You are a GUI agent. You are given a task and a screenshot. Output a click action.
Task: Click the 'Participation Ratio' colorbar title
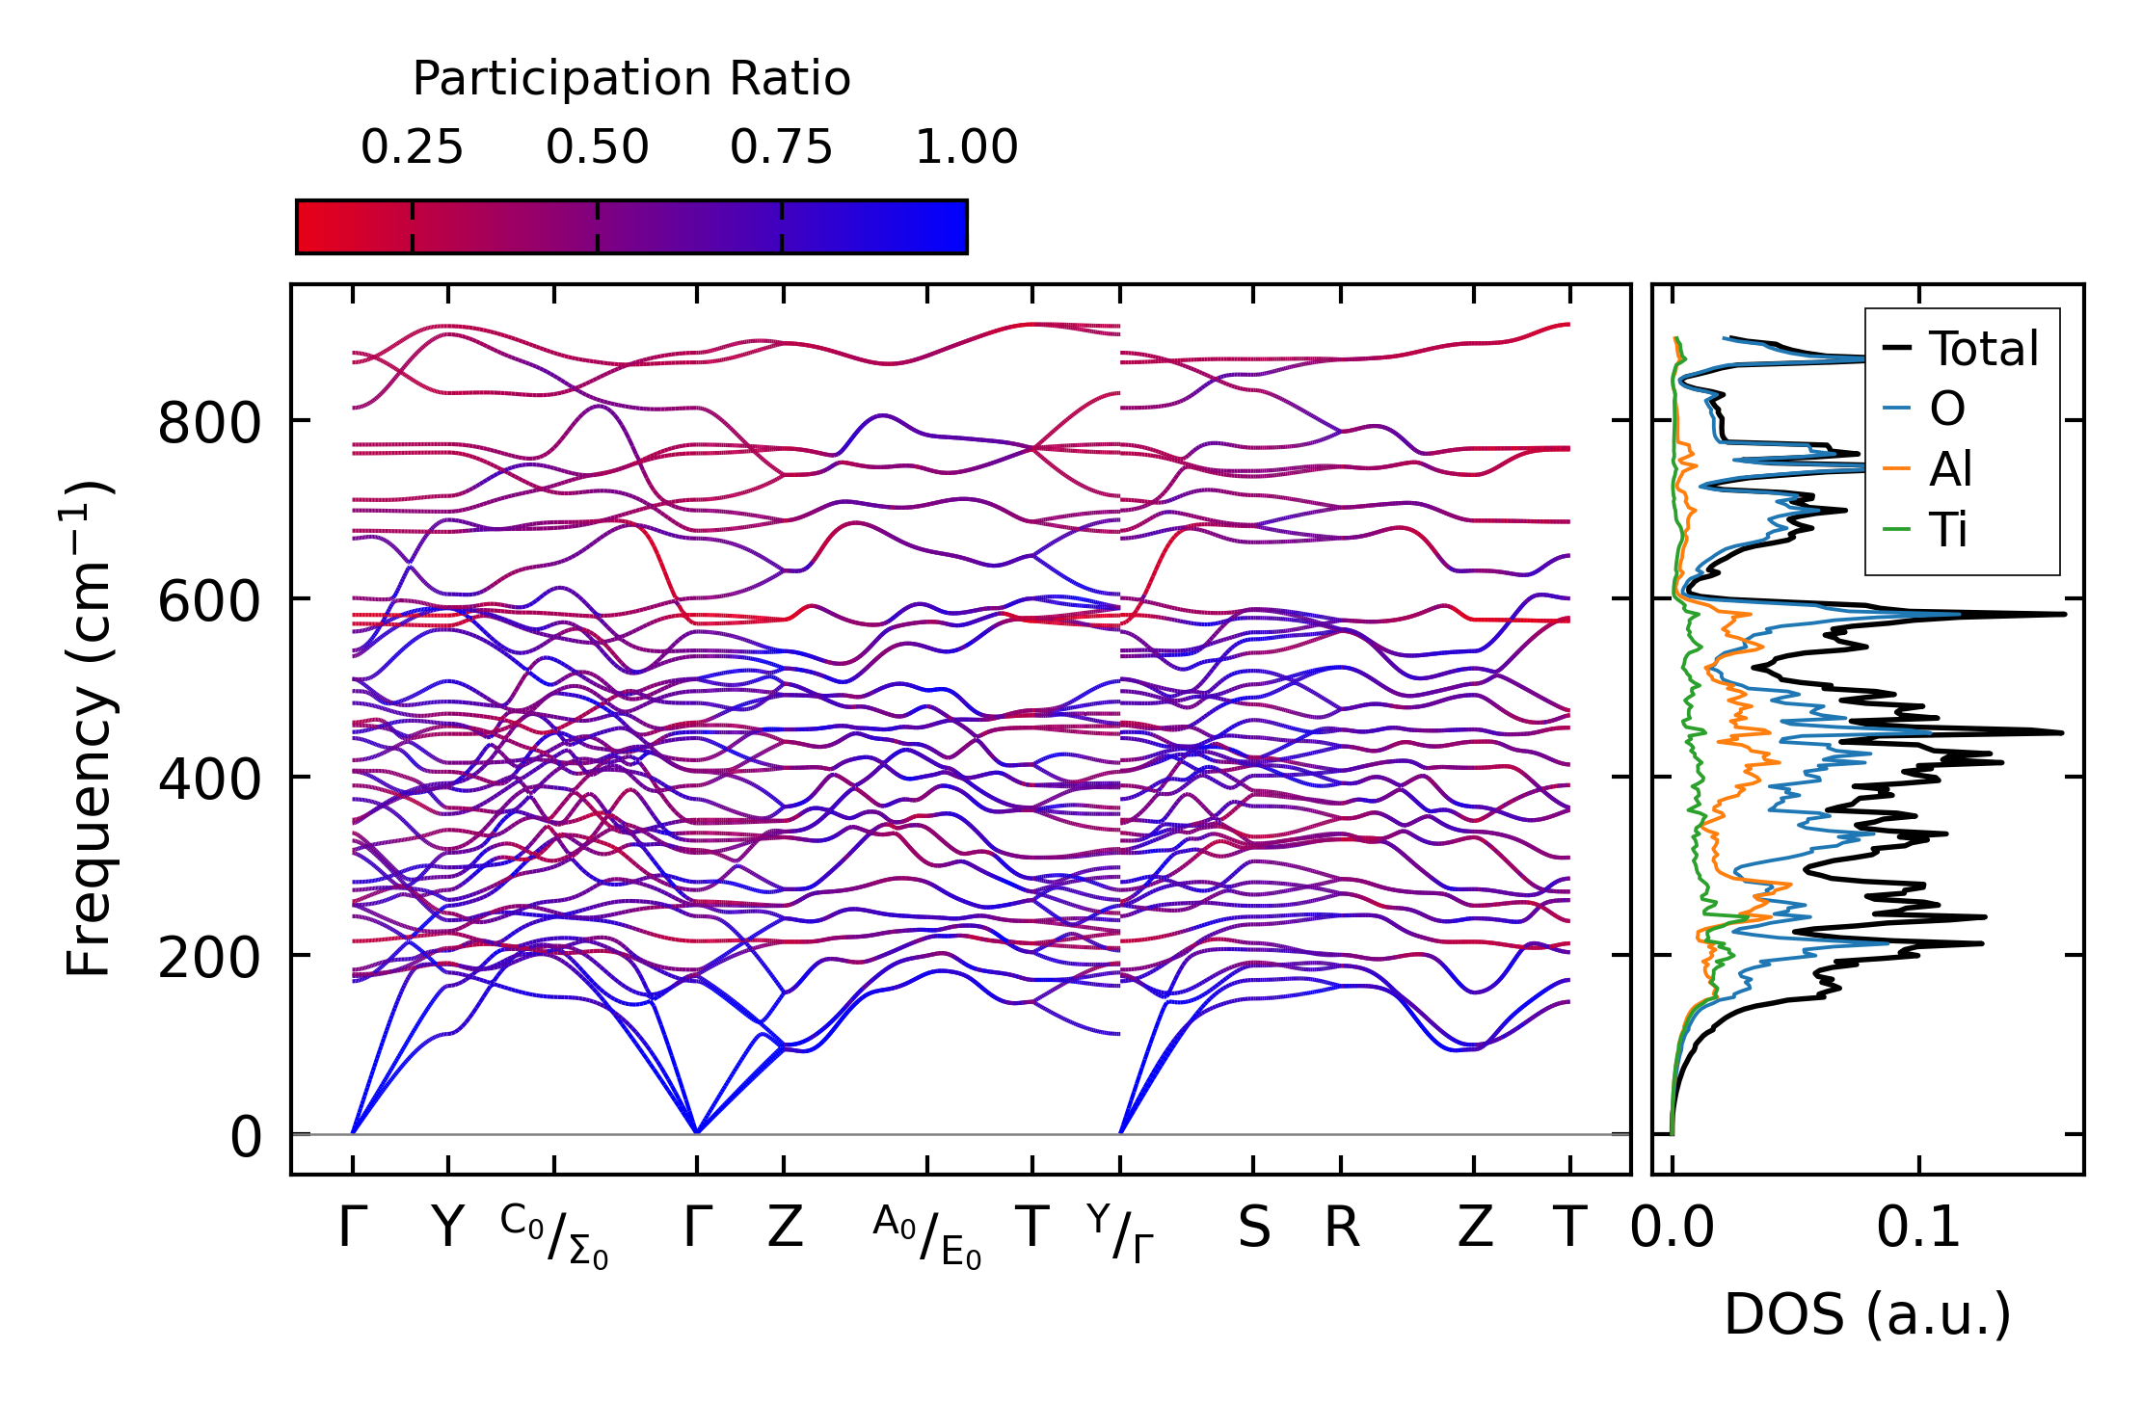(x=631, y=79)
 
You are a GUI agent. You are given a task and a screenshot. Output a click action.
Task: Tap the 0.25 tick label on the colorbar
(x=412, y=147)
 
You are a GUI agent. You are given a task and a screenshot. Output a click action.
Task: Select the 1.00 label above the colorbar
(x=966, y=147)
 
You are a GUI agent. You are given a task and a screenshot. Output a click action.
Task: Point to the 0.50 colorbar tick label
(x=597, y=147)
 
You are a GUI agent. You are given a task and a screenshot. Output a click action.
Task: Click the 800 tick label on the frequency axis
(x=209, y=422)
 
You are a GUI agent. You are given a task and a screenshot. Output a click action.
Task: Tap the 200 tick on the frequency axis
(x=209, y=957)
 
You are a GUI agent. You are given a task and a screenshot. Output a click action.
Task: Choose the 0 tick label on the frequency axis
(x=246, y=1137)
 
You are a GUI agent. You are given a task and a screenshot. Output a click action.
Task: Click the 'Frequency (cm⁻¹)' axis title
(x=89, y=728)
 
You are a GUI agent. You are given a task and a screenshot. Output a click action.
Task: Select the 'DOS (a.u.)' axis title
(x=1867, y=1314)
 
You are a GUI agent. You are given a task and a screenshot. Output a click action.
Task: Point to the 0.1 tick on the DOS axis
(x=1918, y=1229)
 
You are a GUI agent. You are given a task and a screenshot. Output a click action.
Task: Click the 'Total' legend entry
(x=1983, y=349)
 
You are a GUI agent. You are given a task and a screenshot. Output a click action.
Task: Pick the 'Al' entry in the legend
(x=1950, y=470)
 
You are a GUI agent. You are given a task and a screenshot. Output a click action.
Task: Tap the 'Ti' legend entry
(x=1948, y=531)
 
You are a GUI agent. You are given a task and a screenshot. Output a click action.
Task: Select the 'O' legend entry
(x=1947, y=410)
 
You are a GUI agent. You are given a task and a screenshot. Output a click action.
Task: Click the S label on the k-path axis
(x=1253, y=1229)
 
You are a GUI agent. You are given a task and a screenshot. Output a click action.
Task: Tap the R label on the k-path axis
(x=1341, y=1229)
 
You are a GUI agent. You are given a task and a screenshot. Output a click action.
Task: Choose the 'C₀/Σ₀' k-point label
(x=554, y=1235)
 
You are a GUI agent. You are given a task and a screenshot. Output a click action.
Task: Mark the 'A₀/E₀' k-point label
(x=926, y=1235)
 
